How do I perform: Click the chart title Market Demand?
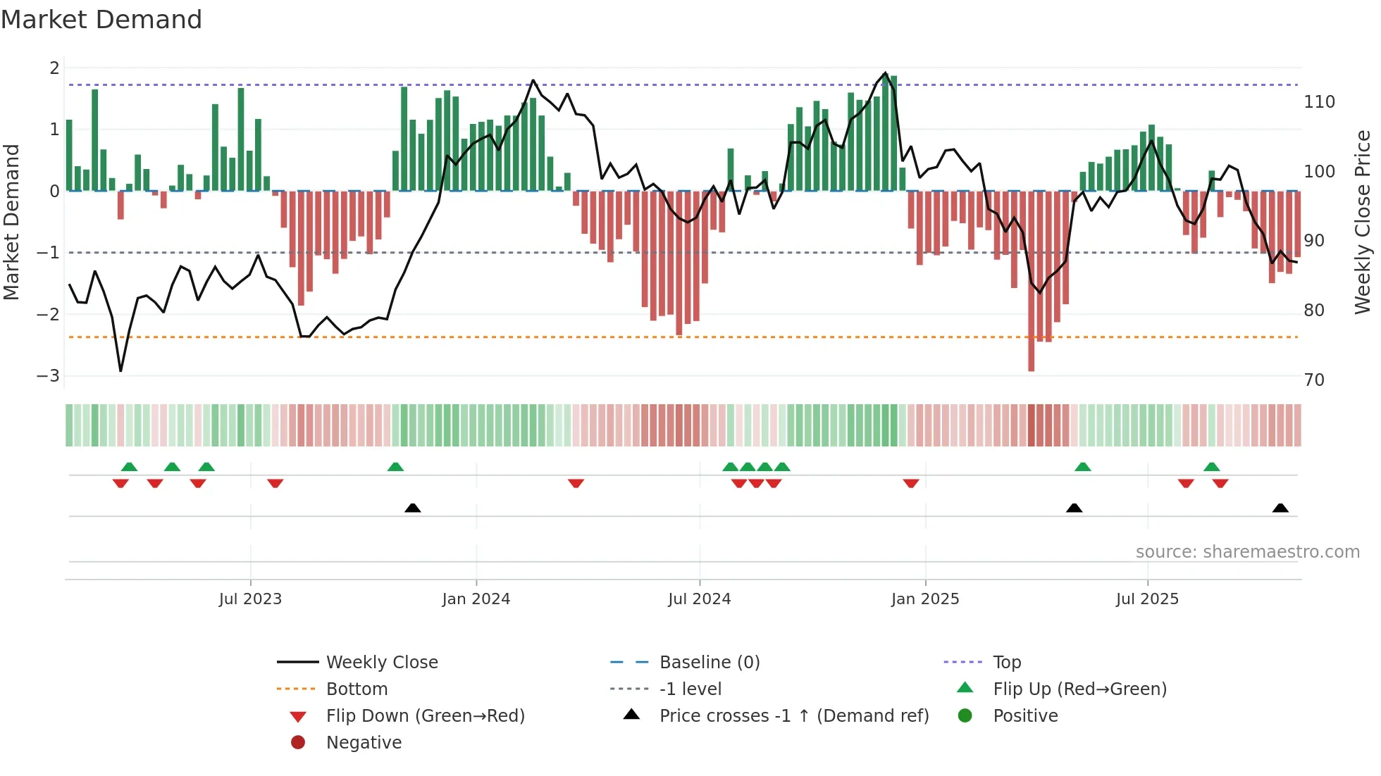[x=101, y=20]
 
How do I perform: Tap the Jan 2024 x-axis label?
[x=476, y=599]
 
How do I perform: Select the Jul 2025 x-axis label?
[x=1146, y=599]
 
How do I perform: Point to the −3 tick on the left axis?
[x=48, y=376]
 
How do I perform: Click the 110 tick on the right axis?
[x=1319, y=102]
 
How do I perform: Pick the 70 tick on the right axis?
[x=1314, y=380]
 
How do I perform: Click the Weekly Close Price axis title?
[x=1363, y=222]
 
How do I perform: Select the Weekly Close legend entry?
[x=381, y=663]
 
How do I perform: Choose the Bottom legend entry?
[x=357, y=689]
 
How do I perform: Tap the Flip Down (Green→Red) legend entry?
[x=425, y=716]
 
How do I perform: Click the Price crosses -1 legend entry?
[x=794, y=716]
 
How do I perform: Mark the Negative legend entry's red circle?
[x=298, y=743]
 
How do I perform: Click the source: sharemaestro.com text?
[x=1247, y=552]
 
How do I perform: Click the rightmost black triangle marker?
[x=1280, y=508]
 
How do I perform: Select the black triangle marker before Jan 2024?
[x=413, y=508]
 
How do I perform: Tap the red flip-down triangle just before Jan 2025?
[x=910, y=483]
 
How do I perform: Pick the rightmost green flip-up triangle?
[x=1211, y=467]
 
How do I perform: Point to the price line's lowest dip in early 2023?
[x=120, y=370]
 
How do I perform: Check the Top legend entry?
[x=1006, y=663]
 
